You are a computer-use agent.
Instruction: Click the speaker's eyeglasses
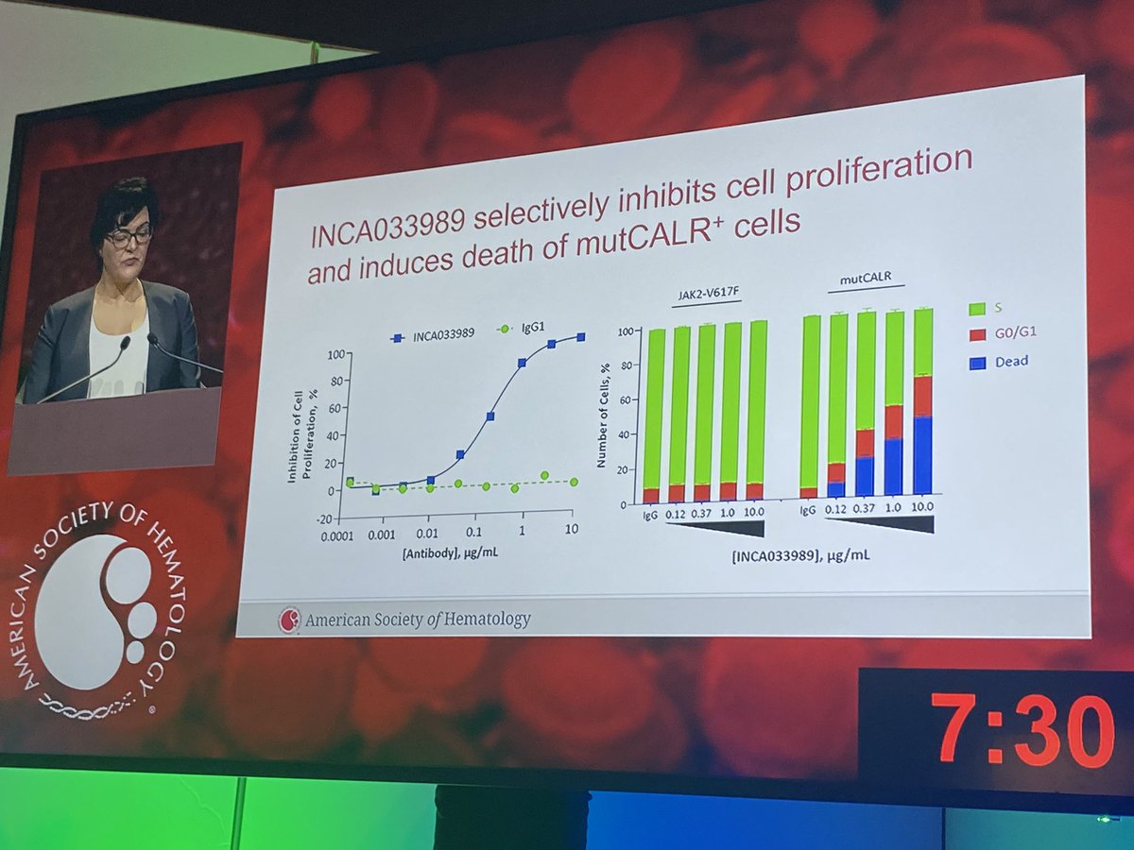point(129,235)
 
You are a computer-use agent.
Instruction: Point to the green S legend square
point(979,307)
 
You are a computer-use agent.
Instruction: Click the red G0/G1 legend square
point(979,333)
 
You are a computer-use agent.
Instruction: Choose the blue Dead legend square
point(979,361)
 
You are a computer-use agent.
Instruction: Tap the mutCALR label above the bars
point(869,280)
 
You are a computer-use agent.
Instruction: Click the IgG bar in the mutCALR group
point(810,406)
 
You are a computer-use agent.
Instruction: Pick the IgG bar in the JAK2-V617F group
point(652,416)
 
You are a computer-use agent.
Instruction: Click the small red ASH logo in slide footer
point(289,620)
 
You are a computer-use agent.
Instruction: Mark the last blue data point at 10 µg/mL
point(581,337)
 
